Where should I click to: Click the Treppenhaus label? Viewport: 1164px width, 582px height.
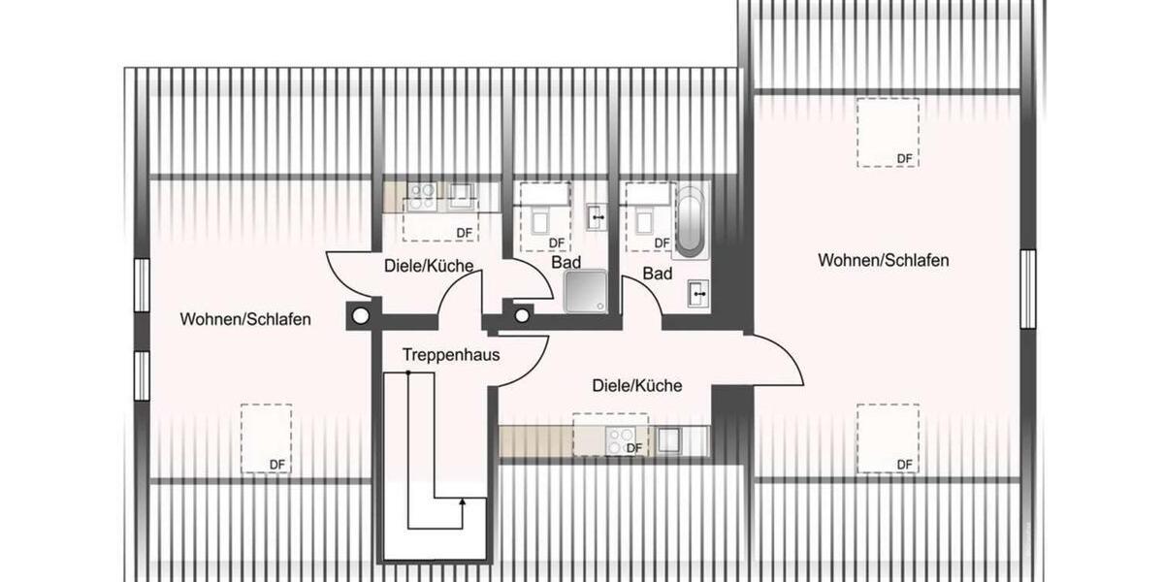[451, 355]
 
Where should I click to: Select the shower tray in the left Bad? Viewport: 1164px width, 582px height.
[587, 292]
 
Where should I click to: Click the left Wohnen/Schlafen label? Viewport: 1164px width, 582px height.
[245, 319]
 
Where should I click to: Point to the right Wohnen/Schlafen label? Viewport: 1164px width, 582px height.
[883, 260]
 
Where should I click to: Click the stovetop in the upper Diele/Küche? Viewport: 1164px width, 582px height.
[422, 197]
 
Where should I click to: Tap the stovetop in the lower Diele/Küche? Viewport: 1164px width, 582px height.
[621, 441]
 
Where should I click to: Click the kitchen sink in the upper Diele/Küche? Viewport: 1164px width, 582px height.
[460, 196]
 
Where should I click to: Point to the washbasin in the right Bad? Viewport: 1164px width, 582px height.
[698, 291]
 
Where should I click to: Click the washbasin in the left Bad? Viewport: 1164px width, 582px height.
[597, 217]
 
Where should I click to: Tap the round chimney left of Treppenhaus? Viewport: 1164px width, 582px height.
[361, 315]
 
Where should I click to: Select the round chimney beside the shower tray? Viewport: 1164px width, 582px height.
[522, 314]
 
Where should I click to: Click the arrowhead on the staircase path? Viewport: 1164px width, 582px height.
[463, 501]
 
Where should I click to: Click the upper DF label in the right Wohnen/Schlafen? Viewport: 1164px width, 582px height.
[905, 158]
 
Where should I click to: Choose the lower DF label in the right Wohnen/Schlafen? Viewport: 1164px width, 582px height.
[905, 466]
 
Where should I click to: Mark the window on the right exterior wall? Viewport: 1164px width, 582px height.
[1027, 288]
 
